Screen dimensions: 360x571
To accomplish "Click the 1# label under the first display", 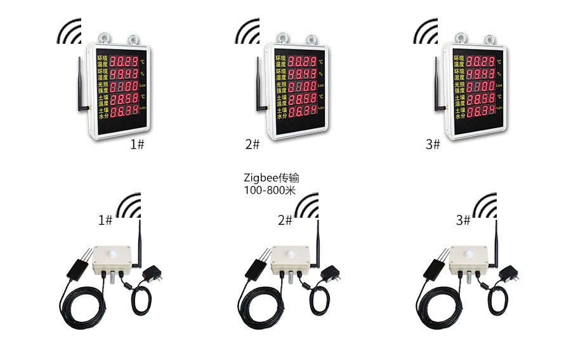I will pyautogui.click(x=137, y=145).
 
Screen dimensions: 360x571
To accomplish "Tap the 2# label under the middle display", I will pyautogui.click(x=253, y=145).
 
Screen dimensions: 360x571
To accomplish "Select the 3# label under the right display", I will pyautogui.click(x=433, y=145).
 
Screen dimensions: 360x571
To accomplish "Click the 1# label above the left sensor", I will pyautogui.click(x=105, y=220).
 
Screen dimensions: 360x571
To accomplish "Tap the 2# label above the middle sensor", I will pyautogui.click(x=285, y=220).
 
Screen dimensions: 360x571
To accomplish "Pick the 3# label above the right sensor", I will pyautogui.click(x=463, y=220).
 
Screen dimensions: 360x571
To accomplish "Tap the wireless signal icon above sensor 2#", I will pyautogui.click(x=307, y=206).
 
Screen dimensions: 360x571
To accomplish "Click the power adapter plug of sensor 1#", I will pyautogui.click(x=152, y=275).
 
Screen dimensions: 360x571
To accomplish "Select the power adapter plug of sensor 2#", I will pyautogui.click(x=331, y=275).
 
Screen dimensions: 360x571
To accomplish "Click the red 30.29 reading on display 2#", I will pyautogui.click(x=302, y=62).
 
